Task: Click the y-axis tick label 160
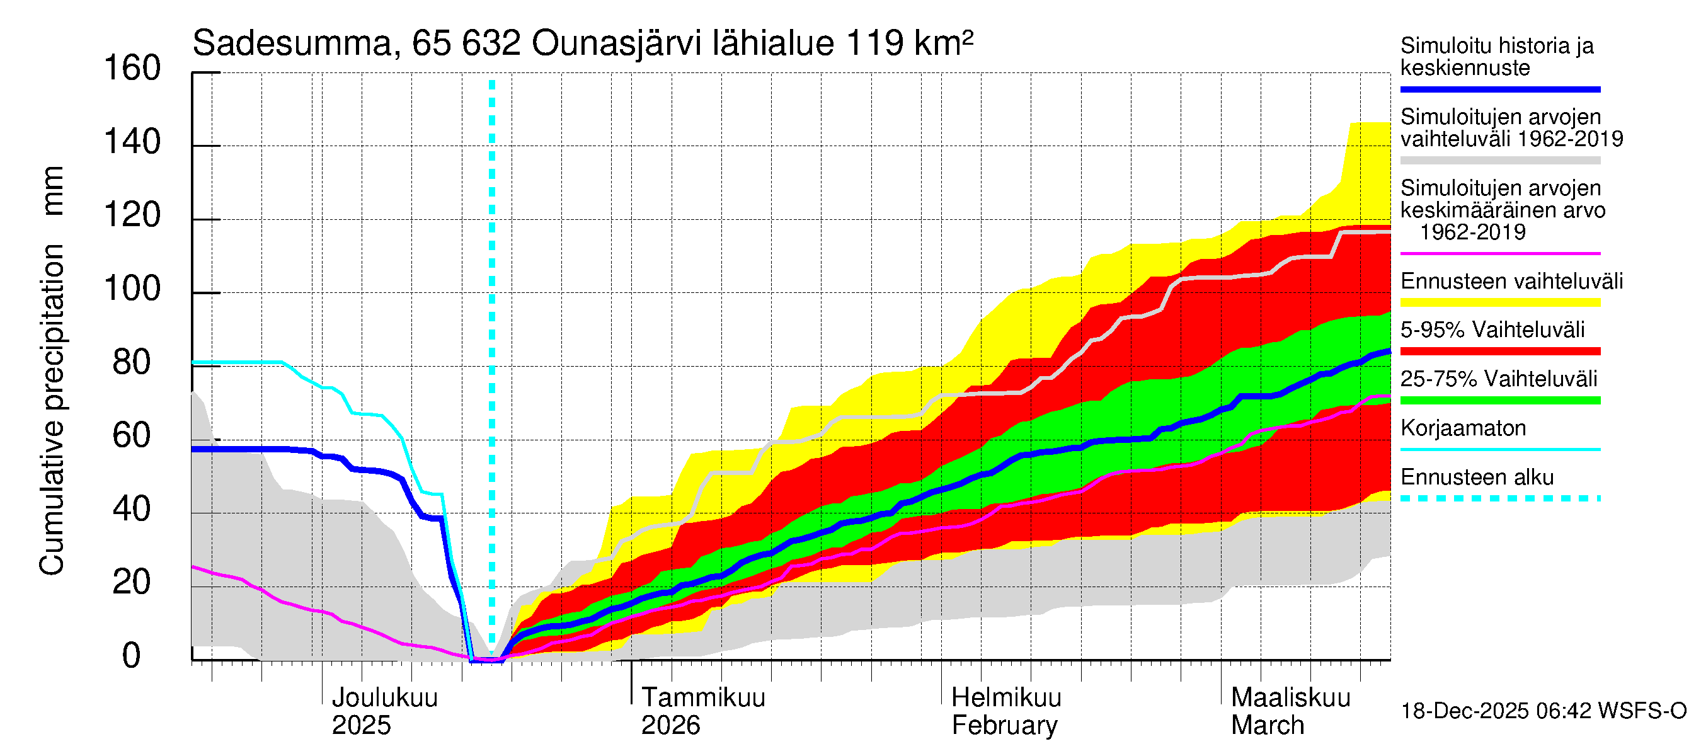(x=132, y=69)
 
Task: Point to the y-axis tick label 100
(x=132, y=289)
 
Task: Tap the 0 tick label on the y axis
(x=132, y=656)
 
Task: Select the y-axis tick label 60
(x=132, y=436)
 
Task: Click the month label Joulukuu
(x=384, y=697)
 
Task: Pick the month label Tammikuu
(x=703, y=697)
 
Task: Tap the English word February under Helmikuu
(x=1004, y=726)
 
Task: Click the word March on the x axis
(x=1267, y=726)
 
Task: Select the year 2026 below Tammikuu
(x=670, y=726)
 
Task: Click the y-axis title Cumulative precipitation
(x=52, y=409)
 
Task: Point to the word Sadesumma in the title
(x=292, y=43)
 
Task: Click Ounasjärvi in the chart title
(x=616, y=43)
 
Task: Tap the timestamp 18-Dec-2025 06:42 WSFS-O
(x=1543, y=711)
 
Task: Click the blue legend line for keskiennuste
(x=1499, y=89)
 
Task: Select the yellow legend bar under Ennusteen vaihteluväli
(x=1499, y=302)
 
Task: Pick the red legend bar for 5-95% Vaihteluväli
(x=1499, y=352)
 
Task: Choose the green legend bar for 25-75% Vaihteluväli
(x=1499, y=400)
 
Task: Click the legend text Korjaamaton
(x=1463, y=428)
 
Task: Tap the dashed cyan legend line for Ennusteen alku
(x=1499, y=498)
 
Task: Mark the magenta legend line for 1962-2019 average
(x=1499, y=253)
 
